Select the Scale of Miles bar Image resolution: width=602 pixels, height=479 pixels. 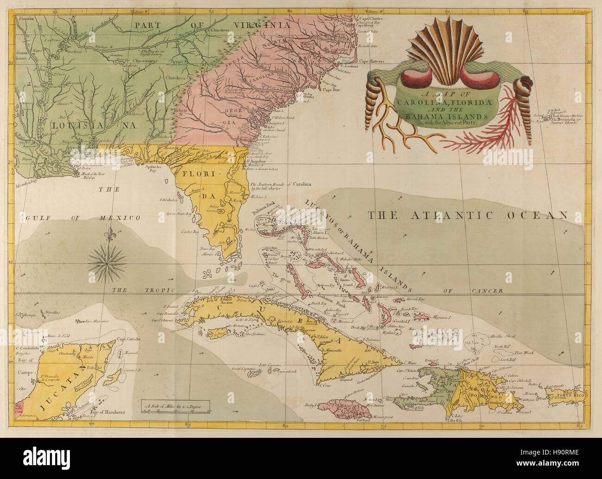point(176,408)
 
